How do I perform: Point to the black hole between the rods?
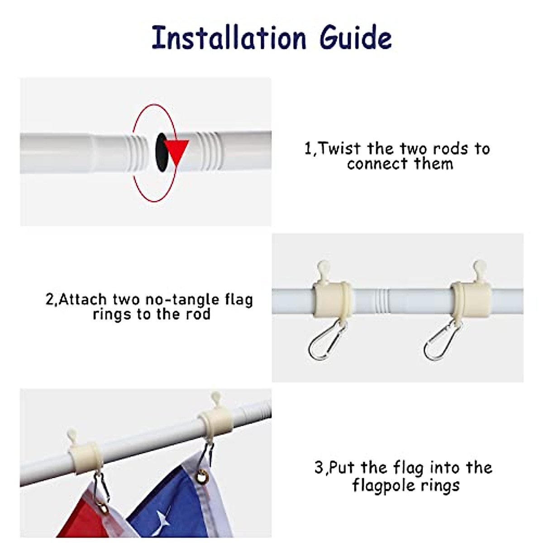pos(161,152)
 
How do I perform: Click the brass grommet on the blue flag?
pos(202,476)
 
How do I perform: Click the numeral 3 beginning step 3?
pos(319,467)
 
